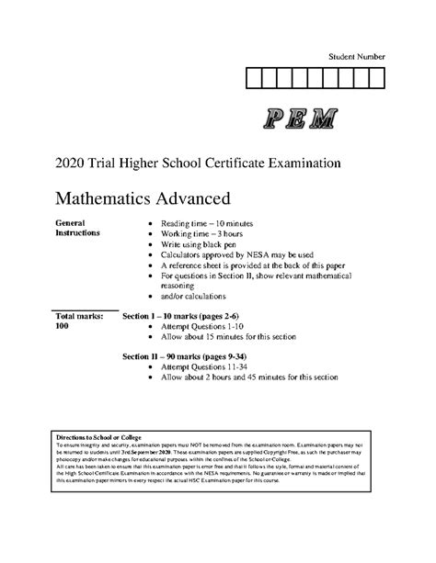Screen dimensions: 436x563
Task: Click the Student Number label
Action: [357, 57]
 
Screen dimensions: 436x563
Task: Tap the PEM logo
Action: [299, 118]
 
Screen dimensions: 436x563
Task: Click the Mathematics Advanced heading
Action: [142, 197]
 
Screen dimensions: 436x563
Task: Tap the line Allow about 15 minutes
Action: [239, 340]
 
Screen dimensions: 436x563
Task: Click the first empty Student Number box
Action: [255, 76]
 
